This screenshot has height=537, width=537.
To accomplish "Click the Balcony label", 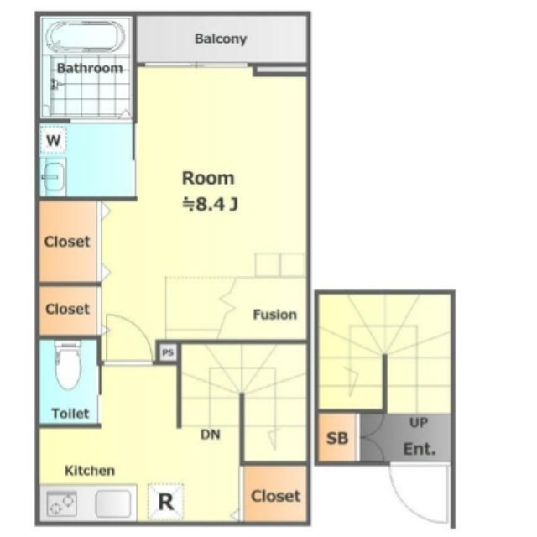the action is (x=221, y=39).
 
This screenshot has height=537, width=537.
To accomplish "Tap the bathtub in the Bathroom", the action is (x=86, y=37).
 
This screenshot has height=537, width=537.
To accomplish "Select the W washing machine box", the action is (x=53, y=140).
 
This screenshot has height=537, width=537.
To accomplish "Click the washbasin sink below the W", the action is (x=53, y=176).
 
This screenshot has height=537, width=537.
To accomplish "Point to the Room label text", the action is (x=208, y=178).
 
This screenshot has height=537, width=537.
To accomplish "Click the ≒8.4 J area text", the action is (x=210, y=205).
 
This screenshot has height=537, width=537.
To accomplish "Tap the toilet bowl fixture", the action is (x=68, y=365).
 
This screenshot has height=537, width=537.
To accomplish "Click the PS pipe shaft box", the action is (x=168, y=352).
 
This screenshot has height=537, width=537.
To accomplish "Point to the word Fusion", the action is (x=274, y=315).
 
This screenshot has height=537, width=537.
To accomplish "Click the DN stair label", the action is (x=211, y=435).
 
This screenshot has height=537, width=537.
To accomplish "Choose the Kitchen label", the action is (x=90, y=471).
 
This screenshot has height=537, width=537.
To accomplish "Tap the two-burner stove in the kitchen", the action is (x=61, y=503).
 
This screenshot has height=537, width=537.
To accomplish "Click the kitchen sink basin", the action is (x=113, y=503).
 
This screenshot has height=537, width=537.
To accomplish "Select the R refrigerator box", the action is (x=166, y=502).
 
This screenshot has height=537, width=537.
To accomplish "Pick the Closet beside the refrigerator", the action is (x=275, y=494).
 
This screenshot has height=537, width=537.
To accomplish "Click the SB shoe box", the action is (x=337, y=438).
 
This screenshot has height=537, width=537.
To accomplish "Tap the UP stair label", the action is (x=419, y=423).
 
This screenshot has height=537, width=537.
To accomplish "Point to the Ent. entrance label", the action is (x=420, y=449).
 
